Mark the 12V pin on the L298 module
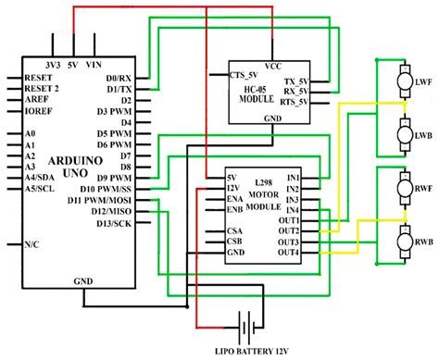(235, 187)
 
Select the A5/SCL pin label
(43, 188)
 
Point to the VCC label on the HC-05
(272, 67)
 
